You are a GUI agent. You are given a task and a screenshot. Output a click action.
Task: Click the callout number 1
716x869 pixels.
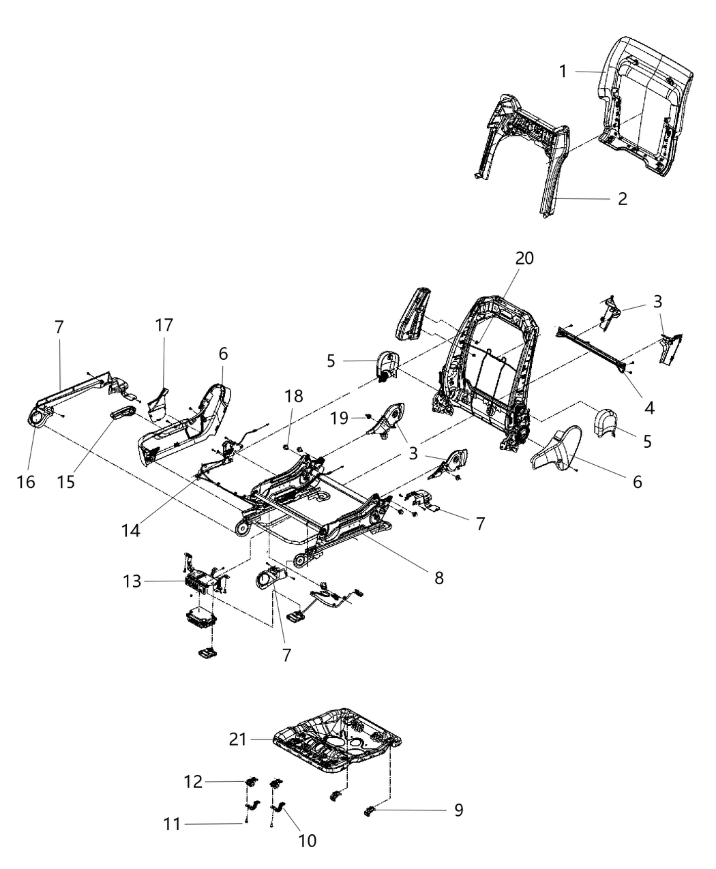[x=563, y=71]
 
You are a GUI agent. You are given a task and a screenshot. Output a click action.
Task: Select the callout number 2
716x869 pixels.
[x=622, y=199]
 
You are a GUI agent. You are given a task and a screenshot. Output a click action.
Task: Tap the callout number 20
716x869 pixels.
[x=524, y=258]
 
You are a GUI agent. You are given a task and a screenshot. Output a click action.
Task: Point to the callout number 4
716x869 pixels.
[x=649, y=408]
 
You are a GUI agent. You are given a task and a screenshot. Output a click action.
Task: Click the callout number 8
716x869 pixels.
[x=438, y=578]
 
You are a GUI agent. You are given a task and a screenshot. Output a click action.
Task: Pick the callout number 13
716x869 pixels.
[x=132, y=581]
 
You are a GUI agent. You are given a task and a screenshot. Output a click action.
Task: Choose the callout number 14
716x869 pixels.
[x=131, y=530]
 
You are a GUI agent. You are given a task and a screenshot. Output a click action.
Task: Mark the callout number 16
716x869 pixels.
[x=25, y=482]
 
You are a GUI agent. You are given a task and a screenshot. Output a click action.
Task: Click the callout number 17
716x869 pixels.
[x=164, y=325]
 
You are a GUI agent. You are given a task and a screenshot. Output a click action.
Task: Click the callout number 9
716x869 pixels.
[x=458, y=810]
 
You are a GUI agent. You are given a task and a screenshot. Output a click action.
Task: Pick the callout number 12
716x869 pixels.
[x=194, y=782]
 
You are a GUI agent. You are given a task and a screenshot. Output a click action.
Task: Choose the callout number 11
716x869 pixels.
[x=173, y=825]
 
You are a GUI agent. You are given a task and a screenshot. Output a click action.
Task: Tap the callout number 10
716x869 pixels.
[x=308, y=840]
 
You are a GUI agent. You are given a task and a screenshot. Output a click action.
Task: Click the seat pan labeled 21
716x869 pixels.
[x=334, y=743]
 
